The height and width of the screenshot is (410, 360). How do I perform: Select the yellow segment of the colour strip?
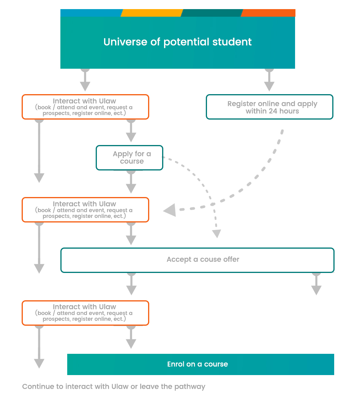pyautogui.click(x=152, y=13)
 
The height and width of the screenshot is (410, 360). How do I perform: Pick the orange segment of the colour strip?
pyautogui.click(x=268, y=13)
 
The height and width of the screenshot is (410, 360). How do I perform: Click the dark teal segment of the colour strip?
pyautogui.click(x=212, y=13)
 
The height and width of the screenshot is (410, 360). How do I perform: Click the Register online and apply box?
pyautogui.click(x=270, y=107)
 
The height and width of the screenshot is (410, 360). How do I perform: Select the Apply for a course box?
pyautogui.click(x=129, y=158)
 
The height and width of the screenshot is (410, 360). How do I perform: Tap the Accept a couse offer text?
pyautogui.click(x=203, y=260)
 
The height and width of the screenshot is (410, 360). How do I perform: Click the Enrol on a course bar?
pyautogui.click(x=201, y=364)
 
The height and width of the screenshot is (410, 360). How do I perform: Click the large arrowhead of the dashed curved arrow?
pyautogui.click(x=170, y=210)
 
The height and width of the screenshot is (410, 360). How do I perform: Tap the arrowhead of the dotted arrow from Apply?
pyautogui.click(x=216, y=233)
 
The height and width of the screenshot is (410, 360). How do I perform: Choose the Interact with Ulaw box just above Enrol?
pyautogui.click(x=85, y=313)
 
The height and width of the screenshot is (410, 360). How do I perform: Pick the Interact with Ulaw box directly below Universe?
pyautogui.click(x=85, y=107)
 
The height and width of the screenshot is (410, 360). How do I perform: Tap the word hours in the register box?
pyautogui.click(x=289, y=111)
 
